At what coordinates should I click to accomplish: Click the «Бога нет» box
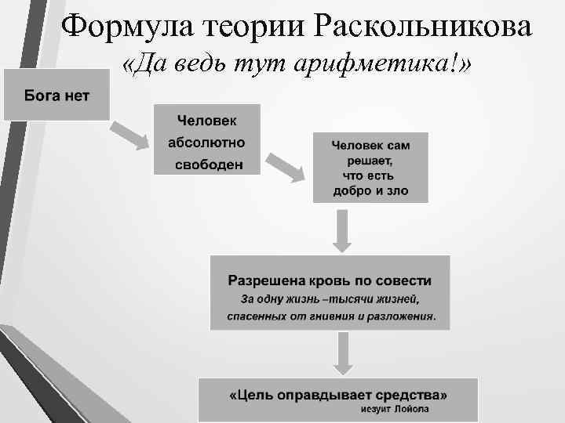(56, 96)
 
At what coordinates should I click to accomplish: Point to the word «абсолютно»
(206, 143)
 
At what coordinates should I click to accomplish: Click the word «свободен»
(209, 165)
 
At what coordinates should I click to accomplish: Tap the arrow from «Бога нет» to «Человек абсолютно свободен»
(129, 134)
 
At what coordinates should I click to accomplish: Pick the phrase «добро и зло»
(370, 191)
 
